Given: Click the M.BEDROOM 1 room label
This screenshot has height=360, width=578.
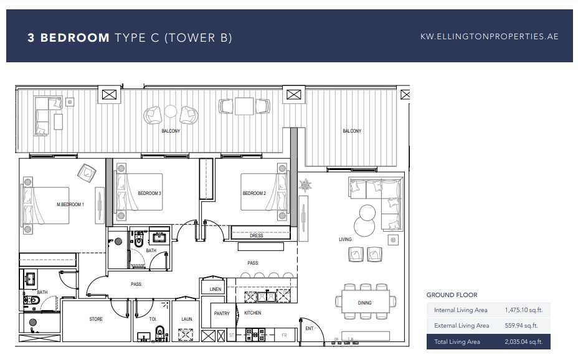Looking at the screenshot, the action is pyautogui.click(x=70, y=204).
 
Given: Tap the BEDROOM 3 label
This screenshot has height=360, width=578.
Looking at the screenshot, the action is pyautogui.click(x=149, y=193).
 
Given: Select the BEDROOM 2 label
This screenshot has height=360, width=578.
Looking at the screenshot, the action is pyautogui.click(x=254, y=193).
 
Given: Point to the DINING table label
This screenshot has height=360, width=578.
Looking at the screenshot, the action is pyautogui.click(x=364, y=303).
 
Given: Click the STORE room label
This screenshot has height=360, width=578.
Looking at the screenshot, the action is pyautogui.click(x=96, y=319).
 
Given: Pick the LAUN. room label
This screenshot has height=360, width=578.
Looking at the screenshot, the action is pyautogui.click(x=187, y=319).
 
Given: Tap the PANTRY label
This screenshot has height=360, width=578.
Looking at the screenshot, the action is pyautogui.click(x=222, y=313).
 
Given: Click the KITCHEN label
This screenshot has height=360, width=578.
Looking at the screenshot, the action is pyautogui.click(x=252, y=313).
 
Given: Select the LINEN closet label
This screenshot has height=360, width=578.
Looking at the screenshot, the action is pyautogui.click(x=216, y=289).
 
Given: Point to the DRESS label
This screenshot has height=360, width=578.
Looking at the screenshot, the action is pyautogui.click(x=256, y=236).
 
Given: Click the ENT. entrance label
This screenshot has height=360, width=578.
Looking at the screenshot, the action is pyautogui.click(x=310, y=328).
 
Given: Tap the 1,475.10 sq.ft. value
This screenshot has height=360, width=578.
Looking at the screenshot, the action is pyautogui.click(x=523, y=310).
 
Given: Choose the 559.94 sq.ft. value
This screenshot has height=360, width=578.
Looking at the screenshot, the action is pyautogui.click(x=521, y=326).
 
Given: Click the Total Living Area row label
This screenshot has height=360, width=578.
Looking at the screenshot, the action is pyautogui.click(x=457, y=342).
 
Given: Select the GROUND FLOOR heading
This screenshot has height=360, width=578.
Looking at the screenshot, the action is pyautogui.click(x=452, y=295).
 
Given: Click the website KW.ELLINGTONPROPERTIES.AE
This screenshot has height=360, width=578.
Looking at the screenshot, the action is pyautogui.click(x=489, y=37).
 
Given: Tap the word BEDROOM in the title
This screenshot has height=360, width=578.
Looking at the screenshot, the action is pyautogui.click(x=75, y=37).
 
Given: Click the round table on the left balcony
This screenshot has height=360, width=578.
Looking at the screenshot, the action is pyautogui.click(x=170, y=111).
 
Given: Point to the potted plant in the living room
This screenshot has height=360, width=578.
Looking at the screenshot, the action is pyautogui.click(x=305, y=185).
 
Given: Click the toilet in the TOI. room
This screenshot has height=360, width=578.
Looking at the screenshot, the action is pyautogui.click(x=160, y=333).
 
